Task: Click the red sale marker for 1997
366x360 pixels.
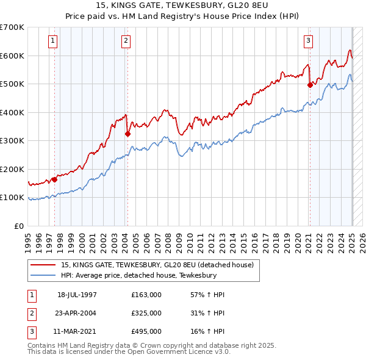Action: (54, 179)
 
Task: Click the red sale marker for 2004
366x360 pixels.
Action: (127, 134)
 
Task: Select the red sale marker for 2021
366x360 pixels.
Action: (310, 85)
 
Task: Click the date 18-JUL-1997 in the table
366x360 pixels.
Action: (77, 295)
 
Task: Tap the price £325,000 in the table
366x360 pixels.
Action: (146, 313)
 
